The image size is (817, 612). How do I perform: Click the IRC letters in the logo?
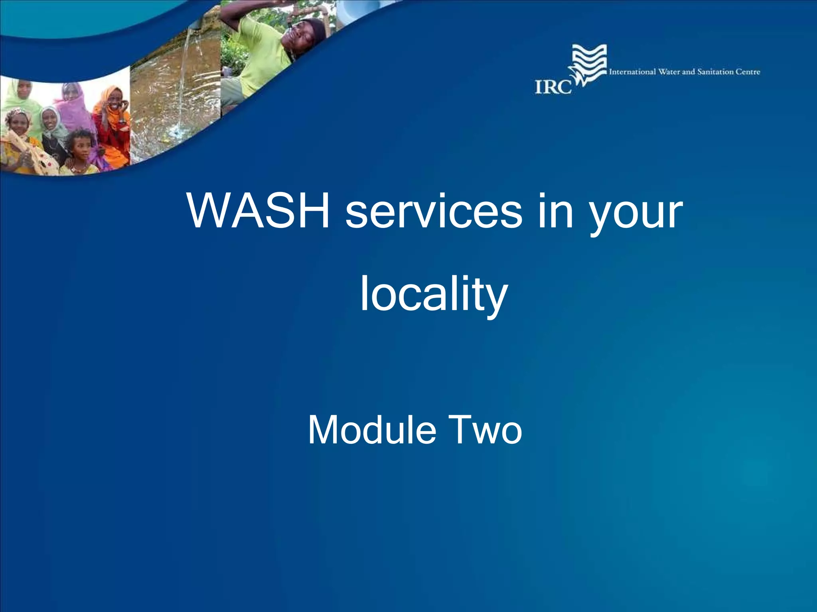pos(553,87)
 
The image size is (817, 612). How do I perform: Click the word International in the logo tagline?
pos(632,72)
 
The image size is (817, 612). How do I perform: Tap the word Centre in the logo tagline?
pos(748,72)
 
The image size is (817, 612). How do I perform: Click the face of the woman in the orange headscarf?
pos(114,100)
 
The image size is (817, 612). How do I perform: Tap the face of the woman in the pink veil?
pos(71,93)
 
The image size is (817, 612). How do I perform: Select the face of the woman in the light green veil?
pos(24,90)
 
